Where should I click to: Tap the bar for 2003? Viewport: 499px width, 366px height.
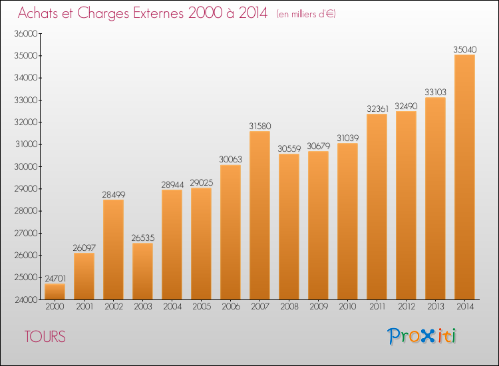tap(142, 271)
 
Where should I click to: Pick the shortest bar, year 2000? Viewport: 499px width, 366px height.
tap(55, 291)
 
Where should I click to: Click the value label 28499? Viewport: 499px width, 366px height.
tap(113, 194)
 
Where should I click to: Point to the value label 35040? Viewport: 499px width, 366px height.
tap(464, 49)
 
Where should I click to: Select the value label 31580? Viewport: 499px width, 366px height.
tap(259, 125)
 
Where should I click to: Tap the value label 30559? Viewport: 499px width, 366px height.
tap(289, 148)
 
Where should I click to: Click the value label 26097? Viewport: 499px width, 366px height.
tap(84, 247)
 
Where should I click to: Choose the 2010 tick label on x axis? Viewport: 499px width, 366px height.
tap(347, 307)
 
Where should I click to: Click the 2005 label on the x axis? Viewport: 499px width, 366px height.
tap(201, 307)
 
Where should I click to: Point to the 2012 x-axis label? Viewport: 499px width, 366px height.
tap(406, 307)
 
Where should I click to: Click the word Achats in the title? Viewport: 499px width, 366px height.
tap(43, 13)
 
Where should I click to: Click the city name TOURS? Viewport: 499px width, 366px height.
tap(45, 337)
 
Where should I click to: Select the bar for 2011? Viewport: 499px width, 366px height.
tap(377, 206)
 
